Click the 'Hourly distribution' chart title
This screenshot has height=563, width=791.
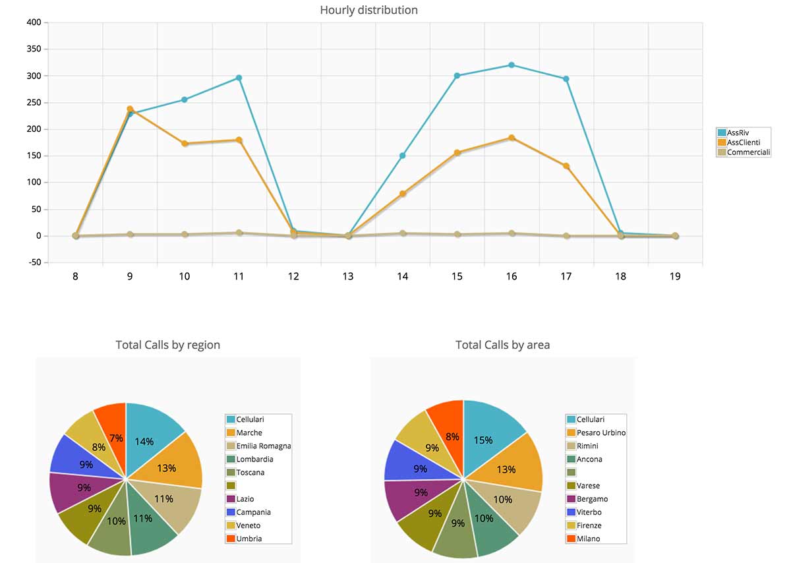pos(368,10)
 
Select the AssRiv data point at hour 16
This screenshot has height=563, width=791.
pos(512,65)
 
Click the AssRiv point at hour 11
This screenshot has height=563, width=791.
pos(239,78)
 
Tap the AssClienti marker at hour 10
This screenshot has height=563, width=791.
pos(185,143)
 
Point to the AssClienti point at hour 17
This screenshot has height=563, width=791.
pos(566,166)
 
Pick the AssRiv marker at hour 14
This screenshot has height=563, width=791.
pos(402,156)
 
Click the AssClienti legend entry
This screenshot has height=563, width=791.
pos(744,142)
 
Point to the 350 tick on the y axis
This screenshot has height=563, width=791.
pos(32,49)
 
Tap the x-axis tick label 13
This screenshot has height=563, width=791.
pos(348,277)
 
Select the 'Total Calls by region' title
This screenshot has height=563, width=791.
pos(167,345)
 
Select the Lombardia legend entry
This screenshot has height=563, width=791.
pos(254,459)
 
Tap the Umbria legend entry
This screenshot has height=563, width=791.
pos(249,539)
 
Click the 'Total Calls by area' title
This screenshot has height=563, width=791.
pos(502,345)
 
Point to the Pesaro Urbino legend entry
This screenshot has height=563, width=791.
pos(601,433)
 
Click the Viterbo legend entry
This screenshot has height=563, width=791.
pos(589,512)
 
